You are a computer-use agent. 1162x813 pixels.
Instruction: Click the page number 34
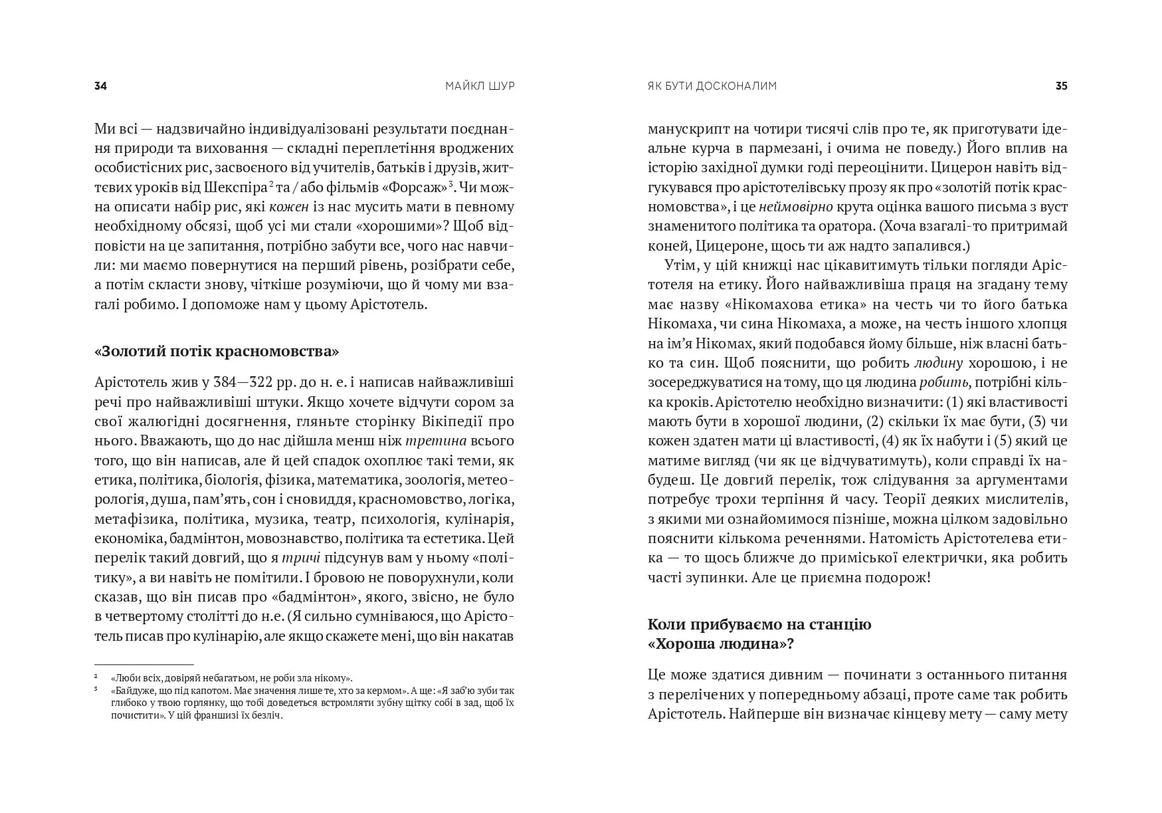[x=101, y=86]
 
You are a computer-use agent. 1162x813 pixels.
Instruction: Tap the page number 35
[x=1061, y=86]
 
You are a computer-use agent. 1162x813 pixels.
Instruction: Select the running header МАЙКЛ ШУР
[x=480, y=86]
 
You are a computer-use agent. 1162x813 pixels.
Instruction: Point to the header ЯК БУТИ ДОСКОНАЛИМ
[x=712, y=86]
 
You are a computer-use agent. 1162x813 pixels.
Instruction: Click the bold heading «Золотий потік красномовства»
[x=217, y=352]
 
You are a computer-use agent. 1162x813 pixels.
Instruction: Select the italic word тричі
[x=300, y=558]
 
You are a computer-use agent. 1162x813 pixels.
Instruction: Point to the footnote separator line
[x=144, y=664]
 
